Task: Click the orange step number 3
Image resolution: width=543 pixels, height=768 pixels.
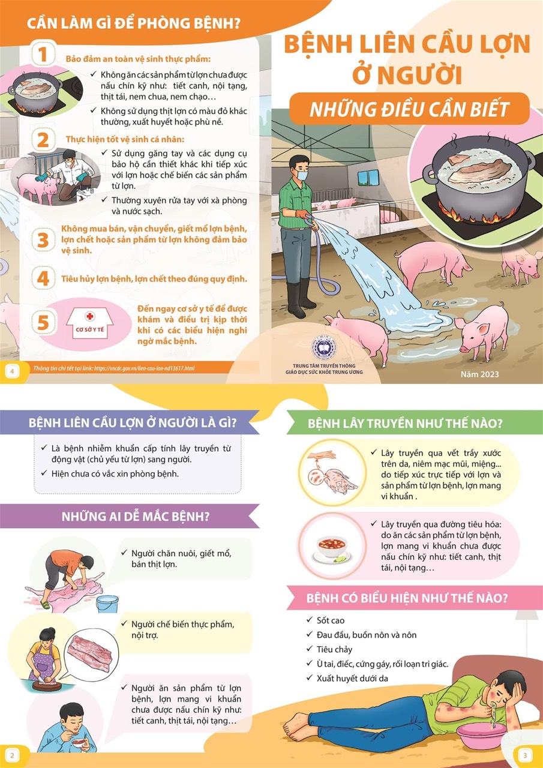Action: (43, 240)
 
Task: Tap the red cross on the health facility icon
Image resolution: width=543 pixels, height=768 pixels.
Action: (90, 316)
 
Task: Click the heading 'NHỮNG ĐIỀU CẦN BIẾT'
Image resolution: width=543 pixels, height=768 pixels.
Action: (409, 109)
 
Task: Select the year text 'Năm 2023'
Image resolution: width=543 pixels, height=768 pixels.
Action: (479, 374)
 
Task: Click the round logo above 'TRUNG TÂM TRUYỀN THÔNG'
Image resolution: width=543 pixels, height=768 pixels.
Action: (323, 349)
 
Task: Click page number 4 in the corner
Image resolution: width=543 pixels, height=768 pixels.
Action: (13, 371)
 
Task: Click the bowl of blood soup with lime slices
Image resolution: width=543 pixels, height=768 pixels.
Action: (332, 550)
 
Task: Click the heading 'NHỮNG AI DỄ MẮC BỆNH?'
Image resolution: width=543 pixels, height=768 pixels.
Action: (136, 517)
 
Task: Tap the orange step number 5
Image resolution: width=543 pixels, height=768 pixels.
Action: (43, 323)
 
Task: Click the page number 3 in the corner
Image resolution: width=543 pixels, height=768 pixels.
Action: (525, 755)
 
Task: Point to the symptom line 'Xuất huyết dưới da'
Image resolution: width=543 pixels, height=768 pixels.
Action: (352, 678)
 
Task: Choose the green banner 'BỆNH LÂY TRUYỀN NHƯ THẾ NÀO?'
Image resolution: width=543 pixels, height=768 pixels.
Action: (404, 424)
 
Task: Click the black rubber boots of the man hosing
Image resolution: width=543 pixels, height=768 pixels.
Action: (300, 297)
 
